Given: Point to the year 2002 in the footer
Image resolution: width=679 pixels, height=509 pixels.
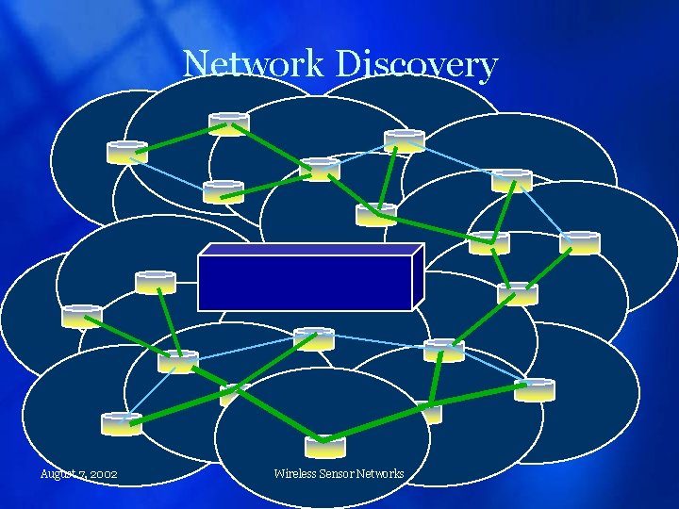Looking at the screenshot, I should pyautogui.click(x=102, y=474).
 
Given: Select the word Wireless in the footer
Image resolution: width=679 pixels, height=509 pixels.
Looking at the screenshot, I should pyautogui.click(x=294, y=473).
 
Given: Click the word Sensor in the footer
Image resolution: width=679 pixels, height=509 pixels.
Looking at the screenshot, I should pyautogui.click(x=337, y=473).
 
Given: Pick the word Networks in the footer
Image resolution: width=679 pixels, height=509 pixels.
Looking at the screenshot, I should pyautogui.click(x=380, y=473).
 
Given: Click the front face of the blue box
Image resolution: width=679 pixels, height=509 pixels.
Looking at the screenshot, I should pyautogui.click(x=305, y=282).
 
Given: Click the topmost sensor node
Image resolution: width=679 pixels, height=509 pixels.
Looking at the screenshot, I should pyautogui.click(x=228, y=123).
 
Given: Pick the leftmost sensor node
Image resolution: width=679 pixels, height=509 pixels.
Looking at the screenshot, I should pyautogui.click(x=82, y=317).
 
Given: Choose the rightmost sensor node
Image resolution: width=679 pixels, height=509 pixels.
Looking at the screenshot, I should pyautogui.click(x=579, y=243).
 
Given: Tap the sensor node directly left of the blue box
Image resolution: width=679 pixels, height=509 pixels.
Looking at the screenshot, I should pyautogui.click(x=155, y=281).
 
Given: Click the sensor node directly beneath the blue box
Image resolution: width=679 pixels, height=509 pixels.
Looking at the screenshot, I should pyautogui.click(x=313, y=338).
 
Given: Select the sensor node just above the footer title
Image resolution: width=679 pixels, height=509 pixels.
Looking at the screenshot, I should pyautogui.click(x=325, y=445).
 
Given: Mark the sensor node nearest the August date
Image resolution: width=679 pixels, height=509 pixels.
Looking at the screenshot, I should pyautogui.click(x=121, y=423).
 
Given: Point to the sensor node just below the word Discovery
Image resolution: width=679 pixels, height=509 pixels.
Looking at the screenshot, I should pyautogui.click(x=404, y=141).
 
